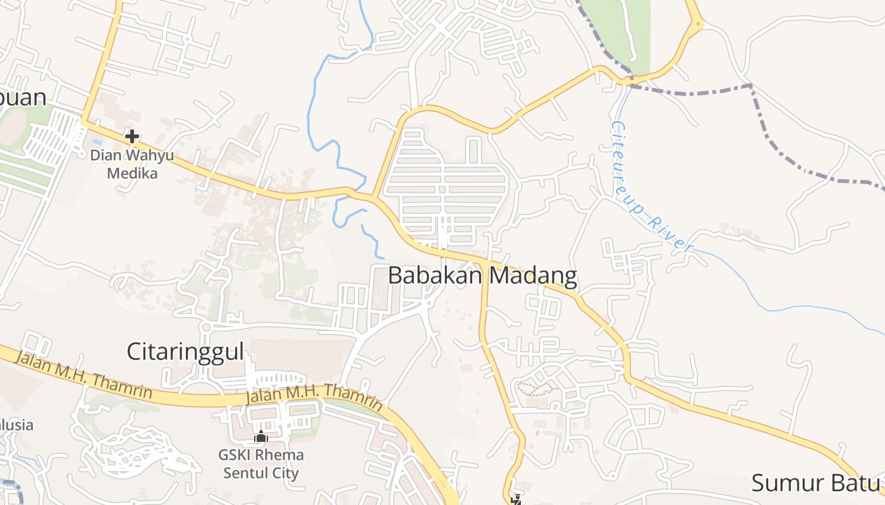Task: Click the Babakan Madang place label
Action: [x=482, y=276]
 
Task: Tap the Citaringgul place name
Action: [x=185, y=352]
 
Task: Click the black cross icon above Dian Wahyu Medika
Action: [x=132, y=136]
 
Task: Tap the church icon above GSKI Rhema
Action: [x=260, y=436]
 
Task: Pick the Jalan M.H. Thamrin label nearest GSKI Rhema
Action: [x=314, y=398]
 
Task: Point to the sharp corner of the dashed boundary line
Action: [x=751, y=85]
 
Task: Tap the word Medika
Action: [x=132, y=172]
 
